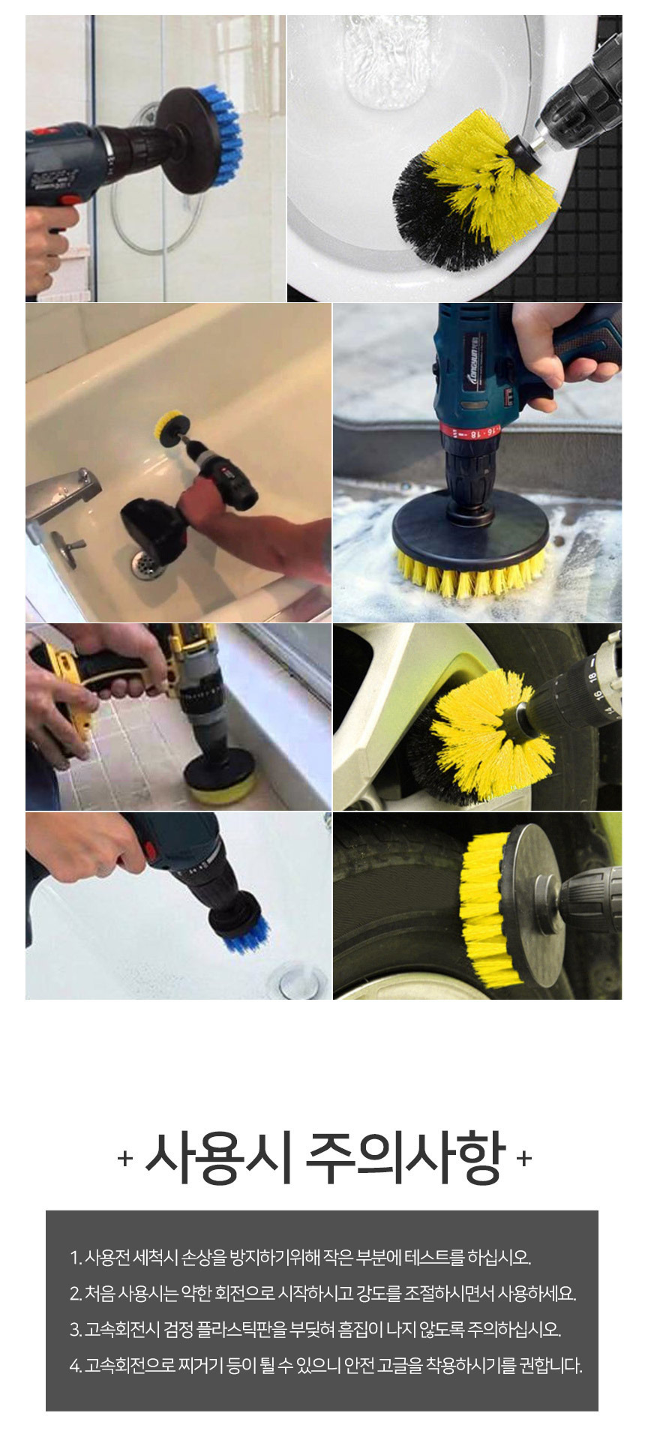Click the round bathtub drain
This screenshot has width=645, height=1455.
(147, 562)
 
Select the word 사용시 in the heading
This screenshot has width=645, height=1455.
(217, 1157)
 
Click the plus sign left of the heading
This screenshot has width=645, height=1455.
(125, 1159)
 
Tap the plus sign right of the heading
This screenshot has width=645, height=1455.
(524, 1159)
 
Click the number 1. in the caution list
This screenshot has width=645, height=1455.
(76, 1258)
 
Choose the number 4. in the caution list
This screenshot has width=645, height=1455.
(76, 1366)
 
